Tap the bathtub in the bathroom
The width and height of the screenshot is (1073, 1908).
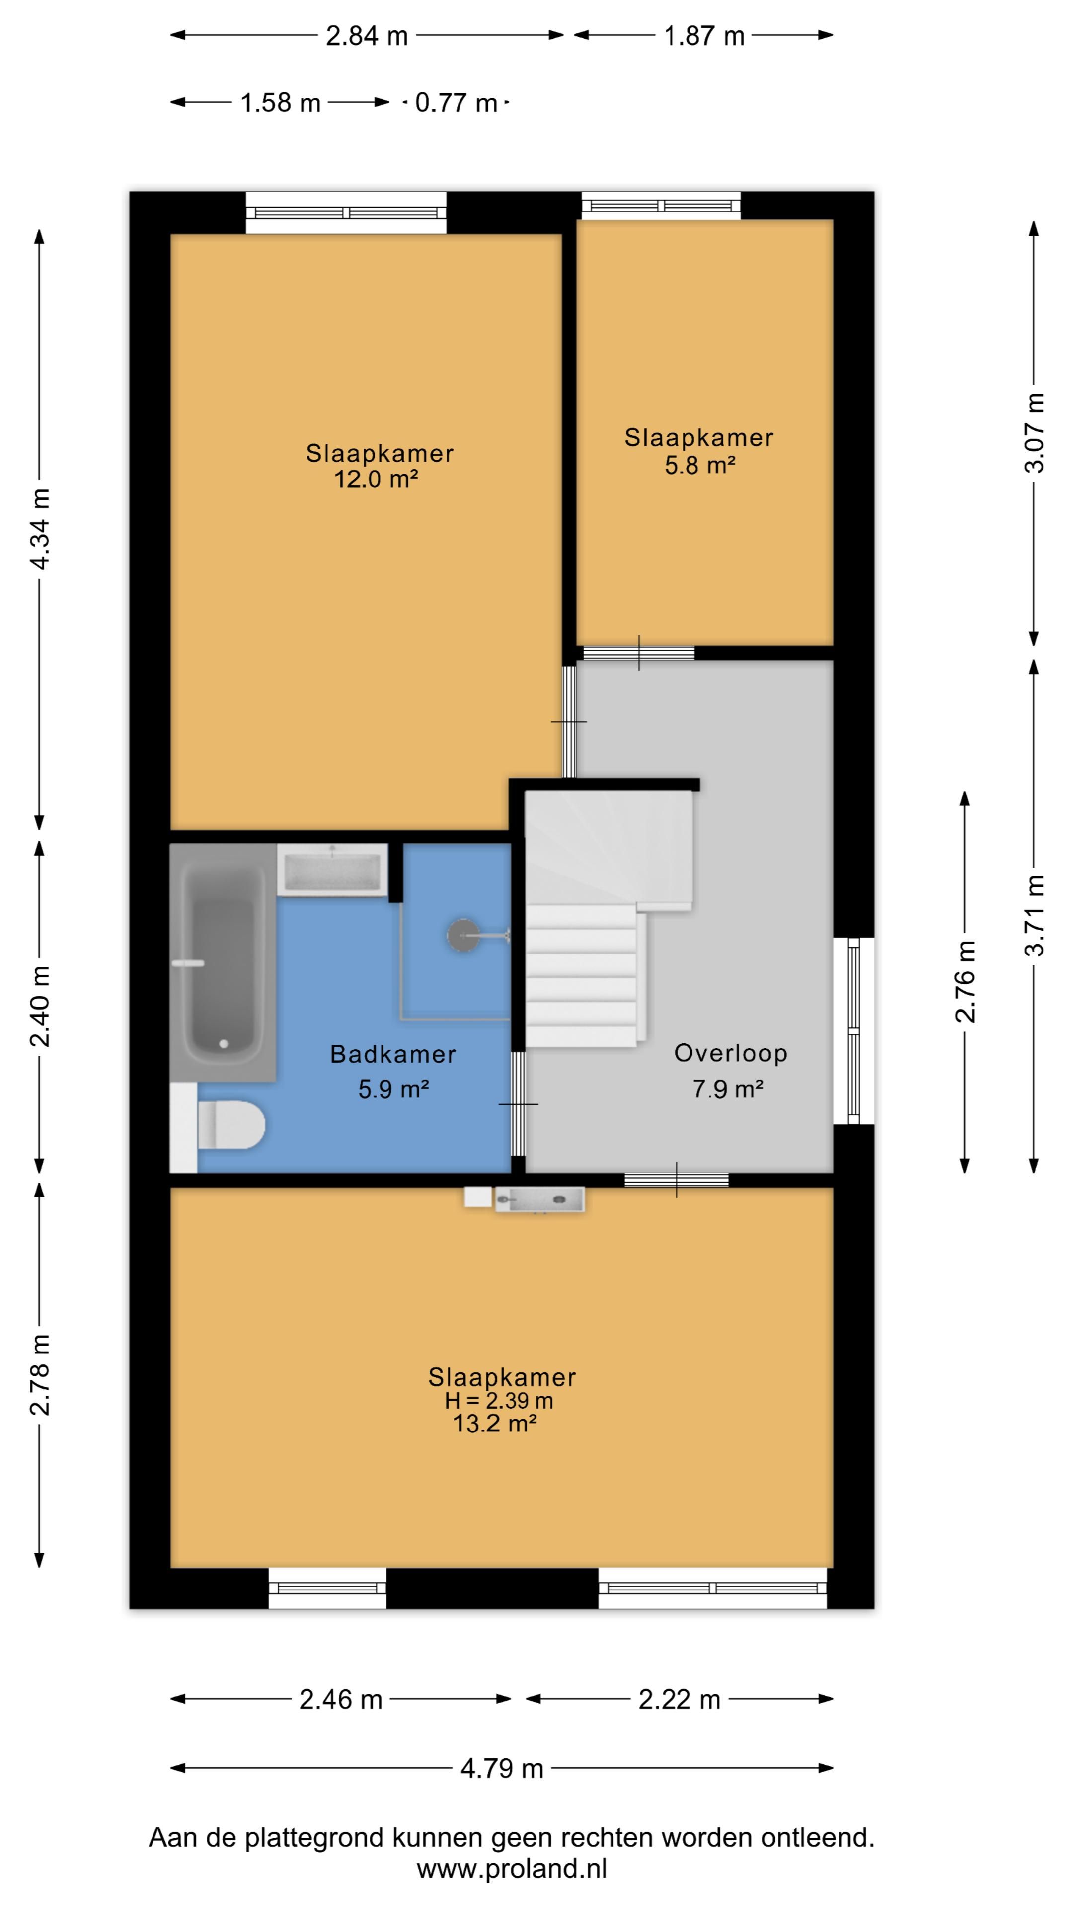pos(223,961)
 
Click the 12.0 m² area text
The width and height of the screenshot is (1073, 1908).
pos(376,479)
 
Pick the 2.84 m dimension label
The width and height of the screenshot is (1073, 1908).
pos(367,36)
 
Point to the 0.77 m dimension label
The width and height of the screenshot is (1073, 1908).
pos(456,102)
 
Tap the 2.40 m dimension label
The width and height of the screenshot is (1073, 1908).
pos(40,1006)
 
